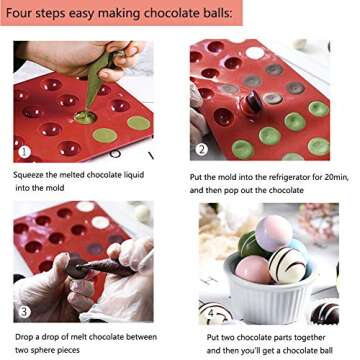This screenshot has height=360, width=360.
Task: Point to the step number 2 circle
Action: point(201,150)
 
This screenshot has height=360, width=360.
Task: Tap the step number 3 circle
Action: point(22,310)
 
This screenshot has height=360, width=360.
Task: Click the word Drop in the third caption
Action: point(27,338)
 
